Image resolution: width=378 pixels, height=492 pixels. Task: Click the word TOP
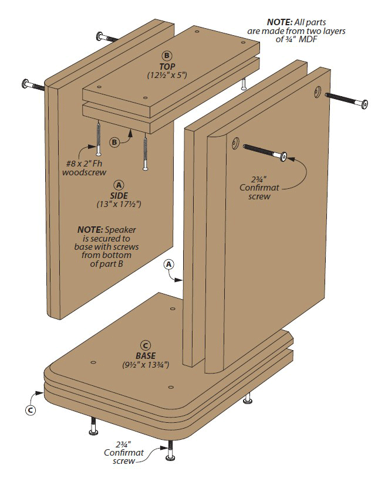pyautogui.click(x=167, y=66)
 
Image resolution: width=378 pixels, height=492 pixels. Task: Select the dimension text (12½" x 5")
pyautogui.click(x=167, y=76)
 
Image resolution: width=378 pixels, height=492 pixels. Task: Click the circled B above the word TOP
pyautogui.click(x=167, y=56)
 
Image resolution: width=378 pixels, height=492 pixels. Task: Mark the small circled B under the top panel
pyautogui.click(x=115, y=141)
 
